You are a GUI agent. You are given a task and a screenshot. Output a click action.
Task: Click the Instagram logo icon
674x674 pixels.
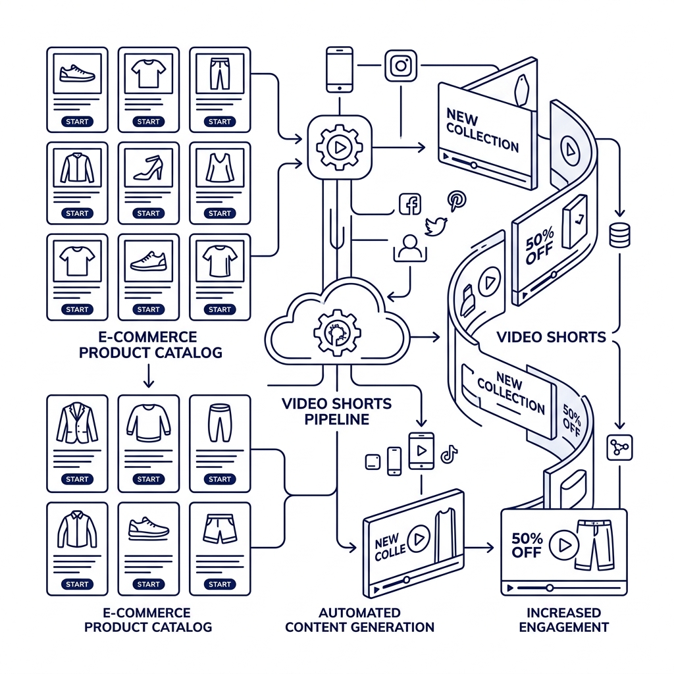point(401,66)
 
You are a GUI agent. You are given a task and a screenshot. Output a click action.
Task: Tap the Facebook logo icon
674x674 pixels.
point(410,204)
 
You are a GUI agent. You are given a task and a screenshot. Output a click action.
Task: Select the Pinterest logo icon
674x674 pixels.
point(456,201)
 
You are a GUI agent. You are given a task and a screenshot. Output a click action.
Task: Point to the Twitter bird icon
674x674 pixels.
point(436,226)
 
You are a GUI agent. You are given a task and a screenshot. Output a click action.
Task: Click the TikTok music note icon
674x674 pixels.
point(449,454)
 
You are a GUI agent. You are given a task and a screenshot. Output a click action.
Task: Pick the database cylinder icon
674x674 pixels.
point(620,235)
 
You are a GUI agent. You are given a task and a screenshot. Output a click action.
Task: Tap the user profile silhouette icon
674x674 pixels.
point(410,248)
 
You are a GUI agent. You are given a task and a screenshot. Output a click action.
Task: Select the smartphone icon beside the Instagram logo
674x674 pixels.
point(340,70)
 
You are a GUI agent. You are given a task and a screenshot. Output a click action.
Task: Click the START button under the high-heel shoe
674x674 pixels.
point(148,213)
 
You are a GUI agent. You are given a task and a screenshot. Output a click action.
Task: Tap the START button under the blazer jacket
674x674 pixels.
point(77,479)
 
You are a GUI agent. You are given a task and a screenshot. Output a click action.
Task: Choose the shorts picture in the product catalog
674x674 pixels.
point(220,529)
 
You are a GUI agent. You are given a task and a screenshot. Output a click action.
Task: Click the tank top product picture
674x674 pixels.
point(220,168)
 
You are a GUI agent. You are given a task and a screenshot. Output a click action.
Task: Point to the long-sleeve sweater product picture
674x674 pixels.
point(148,423)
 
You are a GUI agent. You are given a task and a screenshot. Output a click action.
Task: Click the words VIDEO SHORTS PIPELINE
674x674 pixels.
point(336,411)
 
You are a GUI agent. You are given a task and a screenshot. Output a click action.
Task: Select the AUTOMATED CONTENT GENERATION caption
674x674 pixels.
point(360,620)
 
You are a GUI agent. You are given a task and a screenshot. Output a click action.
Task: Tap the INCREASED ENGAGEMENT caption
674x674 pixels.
point(563,620)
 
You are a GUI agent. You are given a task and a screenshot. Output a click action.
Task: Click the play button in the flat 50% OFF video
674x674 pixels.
point(563,545)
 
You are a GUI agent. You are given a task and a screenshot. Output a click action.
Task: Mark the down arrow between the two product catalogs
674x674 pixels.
point(148,376)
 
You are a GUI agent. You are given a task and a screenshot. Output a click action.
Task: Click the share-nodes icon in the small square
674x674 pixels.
point(619,448)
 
